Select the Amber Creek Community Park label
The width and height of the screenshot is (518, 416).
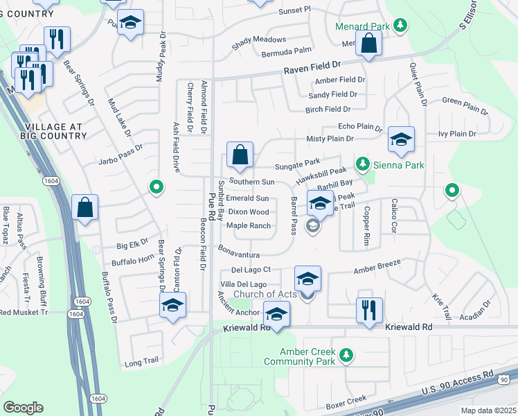(299, 356)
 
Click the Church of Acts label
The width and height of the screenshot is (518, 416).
(265, 295)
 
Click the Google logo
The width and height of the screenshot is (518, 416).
(23, 408)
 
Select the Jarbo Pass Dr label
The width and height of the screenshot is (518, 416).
(119, 148)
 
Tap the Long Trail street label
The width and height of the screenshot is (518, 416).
(141, 362)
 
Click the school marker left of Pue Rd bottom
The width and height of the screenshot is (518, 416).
(172, 304)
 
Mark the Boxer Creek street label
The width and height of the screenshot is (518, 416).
(346, 400)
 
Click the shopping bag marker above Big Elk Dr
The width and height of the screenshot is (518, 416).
(84, 207)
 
